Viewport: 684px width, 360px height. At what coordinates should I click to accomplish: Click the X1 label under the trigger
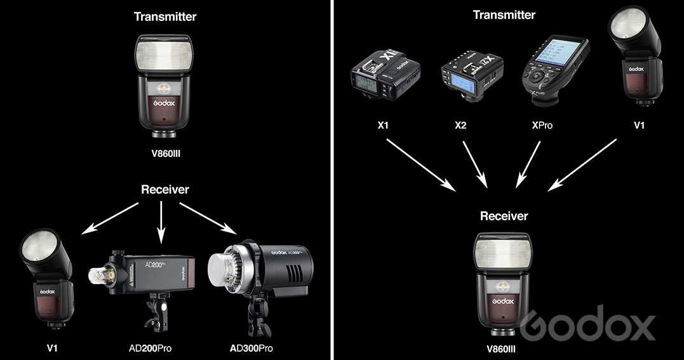(382, 125)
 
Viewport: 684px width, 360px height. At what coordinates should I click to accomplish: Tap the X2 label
(462, 125)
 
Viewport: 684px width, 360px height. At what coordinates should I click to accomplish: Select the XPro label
(541, 125)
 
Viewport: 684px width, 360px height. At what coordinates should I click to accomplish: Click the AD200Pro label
(149, 348)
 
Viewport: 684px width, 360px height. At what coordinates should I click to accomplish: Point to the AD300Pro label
(251, 348)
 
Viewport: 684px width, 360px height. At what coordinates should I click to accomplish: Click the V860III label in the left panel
(165, 152)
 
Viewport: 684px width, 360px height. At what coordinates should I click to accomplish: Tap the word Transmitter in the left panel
(165, 17)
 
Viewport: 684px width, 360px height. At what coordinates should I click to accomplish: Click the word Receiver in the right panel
(504, 216)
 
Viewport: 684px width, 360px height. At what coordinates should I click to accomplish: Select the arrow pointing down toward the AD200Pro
(161, 222)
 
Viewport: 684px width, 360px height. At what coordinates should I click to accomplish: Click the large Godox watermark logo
(587, 324)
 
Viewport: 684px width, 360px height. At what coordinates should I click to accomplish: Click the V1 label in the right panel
(639, 125)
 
